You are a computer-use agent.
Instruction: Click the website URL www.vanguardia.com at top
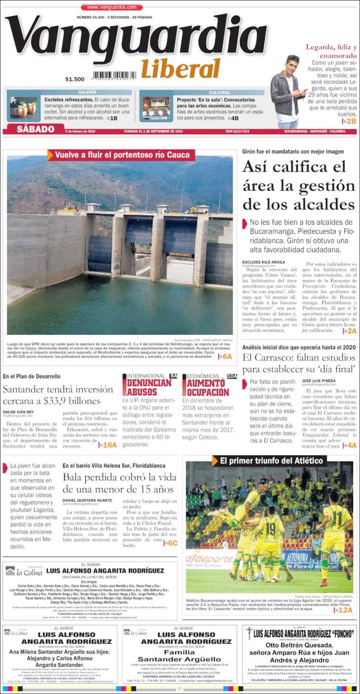(111, 7)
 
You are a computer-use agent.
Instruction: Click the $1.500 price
(75, 79)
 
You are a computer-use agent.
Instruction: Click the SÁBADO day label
(36, 129)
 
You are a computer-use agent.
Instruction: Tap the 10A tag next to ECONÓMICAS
(232, 376)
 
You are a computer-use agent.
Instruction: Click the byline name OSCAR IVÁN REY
(19, 412)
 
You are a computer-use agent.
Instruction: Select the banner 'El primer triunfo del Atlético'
(271, 461)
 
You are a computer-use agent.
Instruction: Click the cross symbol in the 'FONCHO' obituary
(249, 633)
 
